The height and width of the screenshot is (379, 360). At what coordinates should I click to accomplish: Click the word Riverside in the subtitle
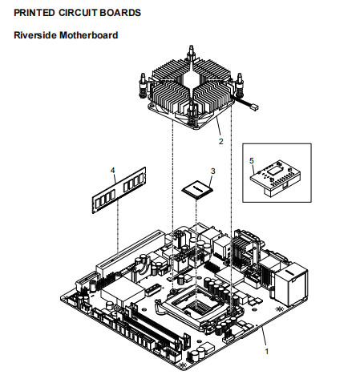point(35,35)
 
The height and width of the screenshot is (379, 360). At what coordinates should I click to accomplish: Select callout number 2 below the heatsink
point(220,140)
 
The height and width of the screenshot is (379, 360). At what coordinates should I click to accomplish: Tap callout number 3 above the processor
point(212,171)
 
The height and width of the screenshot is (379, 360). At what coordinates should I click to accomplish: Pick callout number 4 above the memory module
point(113,171)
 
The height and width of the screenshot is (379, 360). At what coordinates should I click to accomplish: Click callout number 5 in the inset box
point(252,160)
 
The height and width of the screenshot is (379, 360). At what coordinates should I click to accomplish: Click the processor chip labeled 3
point(197,187)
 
